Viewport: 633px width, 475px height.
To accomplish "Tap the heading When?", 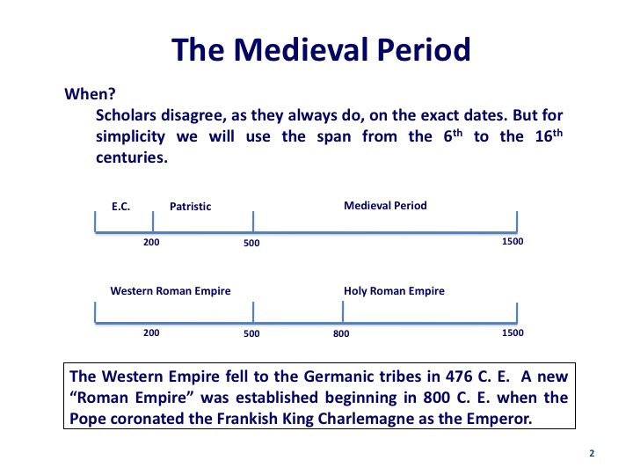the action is coord(90,94).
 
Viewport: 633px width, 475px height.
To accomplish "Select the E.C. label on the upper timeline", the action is coord(120,207).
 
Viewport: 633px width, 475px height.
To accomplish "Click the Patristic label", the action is coord(190,207).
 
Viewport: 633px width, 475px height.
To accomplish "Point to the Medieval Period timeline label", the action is coord(385,206).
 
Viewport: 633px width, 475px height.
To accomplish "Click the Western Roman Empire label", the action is coord(171,291).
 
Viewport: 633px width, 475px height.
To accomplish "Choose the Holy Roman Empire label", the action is coord(394,291).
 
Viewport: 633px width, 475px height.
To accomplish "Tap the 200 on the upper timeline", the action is coord(151,243).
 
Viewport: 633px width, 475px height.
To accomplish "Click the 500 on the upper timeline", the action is coord(251,243).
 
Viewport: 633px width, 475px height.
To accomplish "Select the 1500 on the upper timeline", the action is coord(513,242).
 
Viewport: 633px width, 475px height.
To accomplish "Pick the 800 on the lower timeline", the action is coord(341,333).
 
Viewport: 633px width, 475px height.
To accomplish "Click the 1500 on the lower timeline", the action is coord(513,332).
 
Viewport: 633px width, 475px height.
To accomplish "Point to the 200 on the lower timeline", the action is coord(151,332).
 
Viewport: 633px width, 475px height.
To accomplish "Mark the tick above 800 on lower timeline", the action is coord(343,312).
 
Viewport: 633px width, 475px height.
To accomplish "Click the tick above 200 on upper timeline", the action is coord(153,222).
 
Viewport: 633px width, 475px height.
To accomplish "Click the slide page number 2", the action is coord(592,453).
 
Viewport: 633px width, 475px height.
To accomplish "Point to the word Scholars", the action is coord(126,115).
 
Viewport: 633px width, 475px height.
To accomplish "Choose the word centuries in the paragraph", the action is coord(132,157).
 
